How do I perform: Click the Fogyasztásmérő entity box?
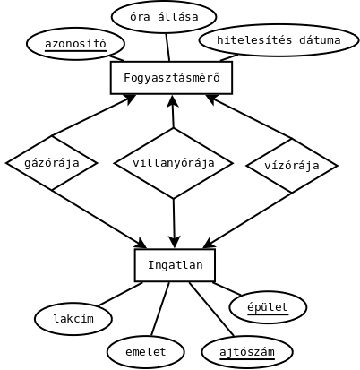click(171, 78)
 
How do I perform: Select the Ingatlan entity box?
click(175, 265)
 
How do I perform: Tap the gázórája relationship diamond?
click(52, 163)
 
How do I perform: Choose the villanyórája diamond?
click(174, 163)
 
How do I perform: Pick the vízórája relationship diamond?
click(292, 166)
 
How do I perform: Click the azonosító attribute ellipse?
click(75, 44)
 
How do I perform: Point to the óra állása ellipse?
click(164, 17)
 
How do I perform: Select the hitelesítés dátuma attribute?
click(279, 40)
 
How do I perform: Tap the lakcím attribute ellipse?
click(73, 319)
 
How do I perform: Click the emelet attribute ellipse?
click(145, 352)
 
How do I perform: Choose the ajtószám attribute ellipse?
click(247, 352)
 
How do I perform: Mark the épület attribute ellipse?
click(268, 307)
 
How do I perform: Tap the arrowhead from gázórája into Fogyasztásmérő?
click(130, 99)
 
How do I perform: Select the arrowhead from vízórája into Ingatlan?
click(210, 243)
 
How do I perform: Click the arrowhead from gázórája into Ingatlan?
click(140, 243)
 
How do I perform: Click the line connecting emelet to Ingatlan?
click(160, 309)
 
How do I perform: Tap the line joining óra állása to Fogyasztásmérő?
click(167, 47)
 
